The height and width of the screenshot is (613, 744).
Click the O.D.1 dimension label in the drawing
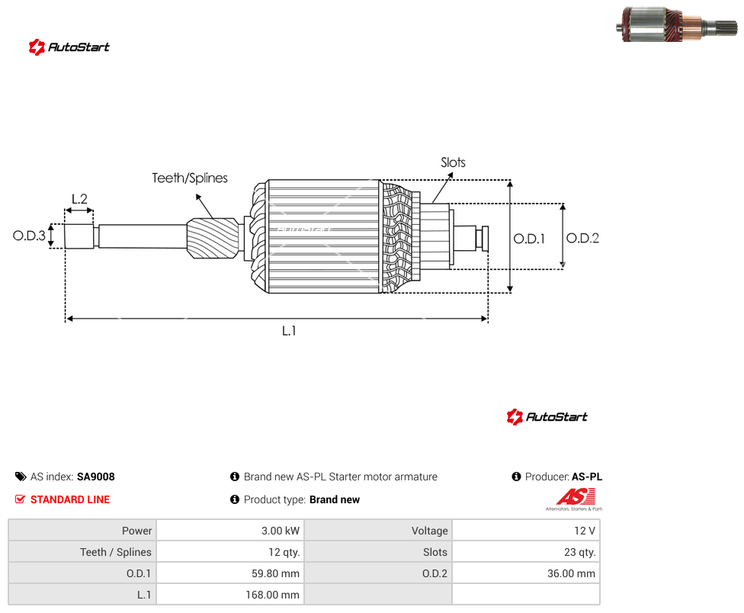point(529,239)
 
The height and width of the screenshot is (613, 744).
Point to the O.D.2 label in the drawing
point(582,238)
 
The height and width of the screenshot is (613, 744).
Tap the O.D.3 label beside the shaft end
point(29,236)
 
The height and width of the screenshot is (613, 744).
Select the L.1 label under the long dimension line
point(289,331)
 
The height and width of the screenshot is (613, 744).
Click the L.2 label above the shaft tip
point(80,199)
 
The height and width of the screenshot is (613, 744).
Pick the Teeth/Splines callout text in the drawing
point(190,178)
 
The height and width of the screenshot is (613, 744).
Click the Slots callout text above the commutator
point(453,162)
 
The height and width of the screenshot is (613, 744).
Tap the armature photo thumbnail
point(677,24)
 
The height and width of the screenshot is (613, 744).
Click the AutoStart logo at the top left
point(69,47)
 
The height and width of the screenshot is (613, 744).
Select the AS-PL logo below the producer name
point(575,499)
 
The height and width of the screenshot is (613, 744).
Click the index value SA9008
point(96,477)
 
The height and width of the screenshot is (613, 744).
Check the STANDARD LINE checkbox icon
point(20,499)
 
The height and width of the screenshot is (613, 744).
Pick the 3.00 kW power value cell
point(231,531)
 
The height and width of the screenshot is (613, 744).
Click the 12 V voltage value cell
point(526,531)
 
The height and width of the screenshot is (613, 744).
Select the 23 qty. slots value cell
point(526,552)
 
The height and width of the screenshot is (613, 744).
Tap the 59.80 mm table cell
point(231,573)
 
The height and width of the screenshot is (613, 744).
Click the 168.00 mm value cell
point(231,595)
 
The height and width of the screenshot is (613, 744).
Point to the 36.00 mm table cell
point(526,573)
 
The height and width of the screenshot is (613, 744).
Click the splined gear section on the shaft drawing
point(213,238)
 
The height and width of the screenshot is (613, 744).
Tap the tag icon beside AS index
point(21,477)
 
